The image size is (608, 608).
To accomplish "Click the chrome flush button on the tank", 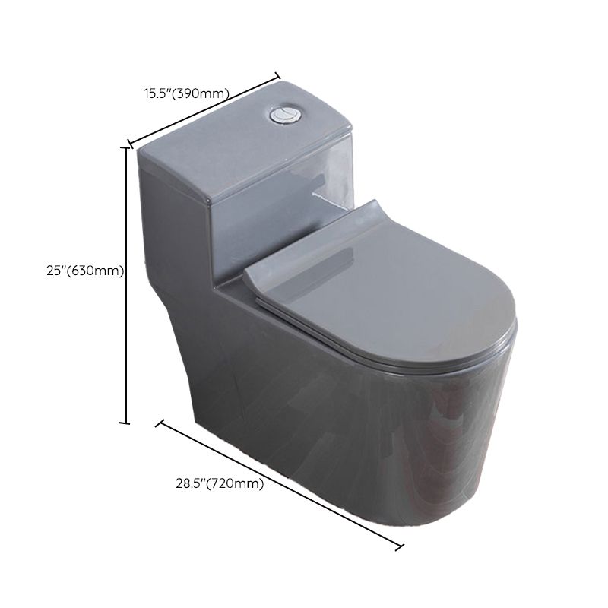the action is [283, 116].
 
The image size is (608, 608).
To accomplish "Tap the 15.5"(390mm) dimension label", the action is [187, 93].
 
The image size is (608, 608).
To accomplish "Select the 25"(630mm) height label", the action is [85, 271].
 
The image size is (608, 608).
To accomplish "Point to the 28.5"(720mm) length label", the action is [220, 483].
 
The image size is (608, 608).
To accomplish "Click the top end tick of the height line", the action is [125, 147].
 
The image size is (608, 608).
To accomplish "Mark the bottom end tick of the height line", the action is [125, 423].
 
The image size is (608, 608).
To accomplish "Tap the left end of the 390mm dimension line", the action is [131, 144].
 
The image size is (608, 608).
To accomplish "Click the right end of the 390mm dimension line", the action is [277, 77].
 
